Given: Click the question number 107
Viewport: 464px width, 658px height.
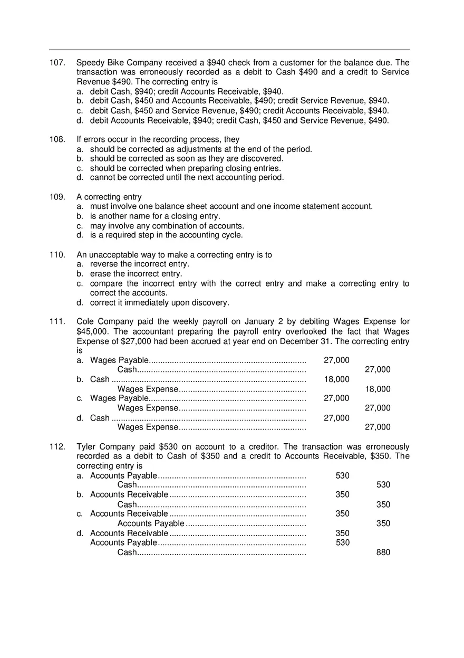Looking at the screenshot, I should point(56,63).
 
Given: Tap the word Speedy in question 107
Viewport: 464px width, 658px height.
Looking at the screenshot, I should point(89,63).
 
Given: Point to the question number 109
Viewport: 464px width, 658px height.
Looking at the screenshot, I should point(56,197).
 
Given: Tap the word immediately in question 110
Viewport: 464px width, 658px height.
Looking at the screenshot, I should point(145,303).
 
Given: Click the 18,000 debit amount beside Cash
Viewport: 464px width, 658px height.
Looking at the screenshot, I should point(336,379).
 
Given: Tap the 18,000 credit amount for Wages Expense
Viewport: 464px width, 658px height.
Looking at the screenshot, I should point(378,389).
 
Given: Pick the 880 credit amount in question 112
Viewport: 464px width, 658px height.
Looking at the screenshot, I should point(383,552).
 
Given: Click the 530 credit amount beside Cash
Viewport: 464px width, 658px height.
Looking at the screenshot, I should point(383,485).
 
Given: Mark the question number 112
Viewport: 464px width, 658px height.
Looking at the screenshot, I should point(56,447).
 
